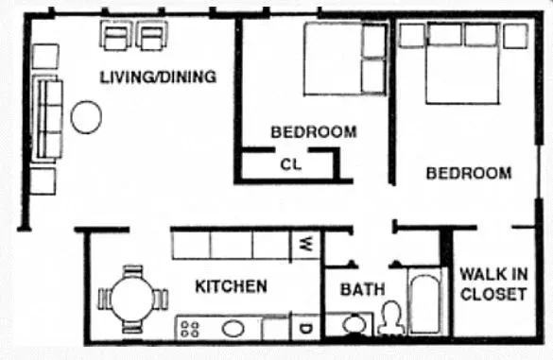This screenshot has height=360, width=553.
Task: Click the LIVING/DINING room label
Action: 158,77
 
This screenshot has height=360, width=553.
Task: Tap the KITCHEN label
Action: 231,285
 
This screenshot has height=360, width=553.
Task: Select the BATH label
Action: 363,289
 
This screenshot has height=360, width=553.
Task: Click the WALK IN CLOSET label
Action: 493,284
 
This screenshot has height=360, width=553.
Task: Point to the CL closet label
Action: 290,163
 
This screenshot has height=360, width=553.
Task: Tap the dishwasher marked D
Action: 306,329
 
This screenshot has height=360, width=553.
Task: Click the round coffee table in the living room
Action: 87,117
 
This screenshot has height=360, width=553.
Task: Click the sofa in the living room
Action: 48,118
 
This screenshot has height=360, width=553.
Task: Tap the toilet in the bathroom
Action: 389,319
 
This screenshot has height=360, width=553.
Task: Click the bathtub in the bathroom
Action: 424,302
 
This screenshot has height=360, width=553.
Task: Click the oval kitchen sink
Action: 233,329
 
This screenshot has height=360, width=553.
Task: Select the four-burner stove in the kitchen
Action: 190,329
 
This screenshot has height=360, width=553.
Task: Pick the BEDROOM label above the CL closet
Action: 314,132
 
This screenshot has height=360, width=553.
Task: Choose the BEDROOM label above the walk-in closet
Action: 469,174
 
